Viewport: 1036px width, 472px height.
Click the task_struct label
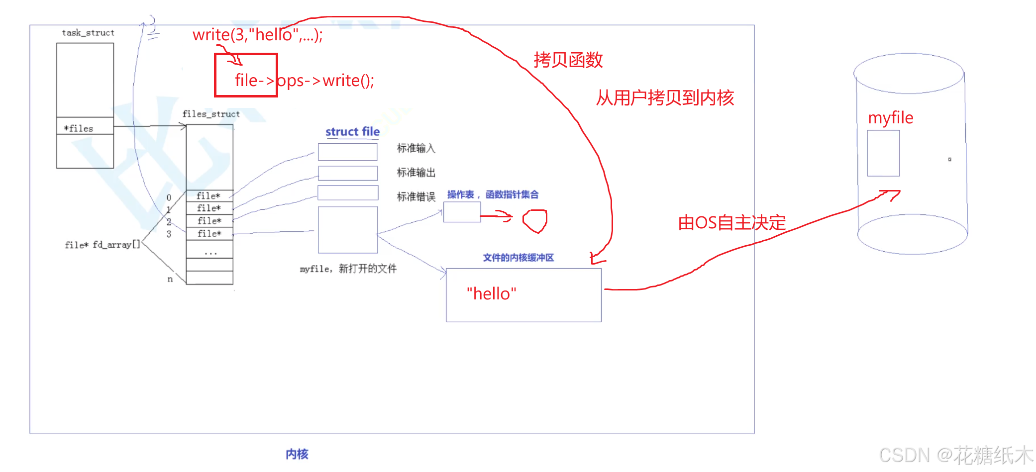pyautogui.click(x=88, y=33)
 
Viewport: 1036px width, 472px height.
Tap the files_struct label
pyautogui.click(x=211, y=114)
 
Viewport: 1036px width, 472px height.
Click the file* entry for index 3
pyautogui.click(x=209, y=234)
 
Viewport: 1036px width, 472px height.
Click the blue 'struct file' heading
pyautogui.click(x=352, y=132)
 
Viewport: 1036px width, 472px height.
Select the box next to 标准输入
pyautogui.click(x=347, y=152)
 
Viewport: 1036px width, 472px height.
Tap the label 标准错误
pyautogui.click(x=416, y=197)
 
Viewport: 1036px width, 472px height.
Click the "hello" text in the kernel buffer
pyautogui.click(x=491, y=293)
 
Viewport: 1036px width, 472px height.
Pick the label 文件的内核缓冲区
pyautogui.click(x=518, y=258)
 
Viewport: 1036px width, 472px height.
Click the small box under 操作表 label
pyautogui.click(x=462, y=212)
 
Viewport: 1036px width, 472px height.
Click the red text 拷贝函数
pyautogui.click(x=568, y=60)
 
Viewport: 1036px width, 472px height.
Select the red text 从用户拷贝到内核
pyautogui.click(x=665, y=98)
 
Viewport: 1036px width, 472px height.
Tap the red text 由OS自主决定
pyautogui.click(x=731, y=222)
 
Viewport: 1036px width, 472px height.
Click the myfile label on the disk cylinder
pyautogui.click(x=890, y=118)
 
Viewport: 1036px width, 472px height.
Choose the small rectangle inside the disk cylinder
pyautogui.click(x=883, y=153)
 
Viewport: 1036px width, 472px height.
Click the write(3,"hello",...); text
pyautogui.click(x=258, y=35)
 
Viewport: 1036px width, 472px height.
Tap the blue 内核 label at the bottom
pyautogui.click(x=297, y=454)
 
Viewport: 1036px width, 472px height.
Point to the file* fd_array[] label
pyautogui.click(x=103, y=245)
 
